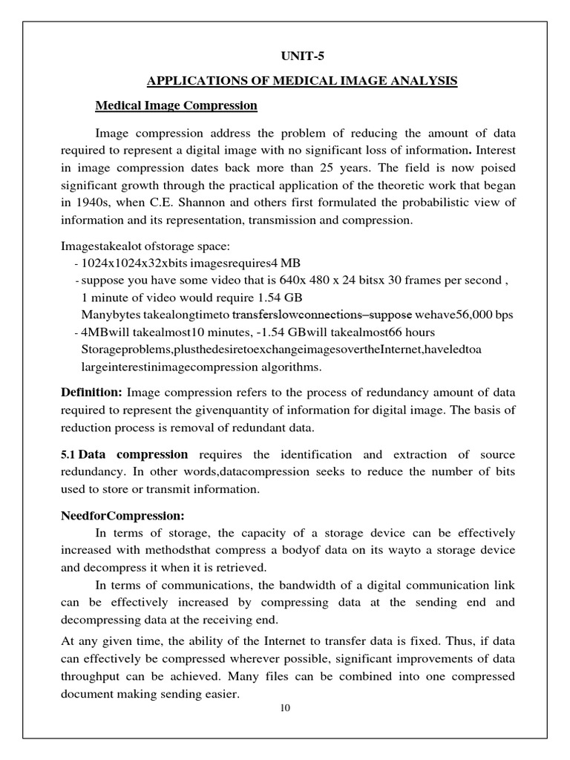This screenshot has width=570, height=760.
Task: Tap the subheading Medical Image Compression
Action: (176, 105)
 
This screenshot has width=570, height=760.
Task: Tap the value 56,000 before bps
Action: (468, 314)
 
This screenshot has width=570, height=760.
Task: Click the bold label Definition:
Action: (91, 392)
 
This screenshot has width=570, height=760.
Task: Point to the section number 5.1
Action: (68, 454)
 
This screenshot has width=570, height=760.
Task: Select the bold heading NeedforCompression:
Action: (122, 515)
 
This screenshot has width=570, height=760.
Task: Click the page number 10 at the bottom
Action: (285, 707)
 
